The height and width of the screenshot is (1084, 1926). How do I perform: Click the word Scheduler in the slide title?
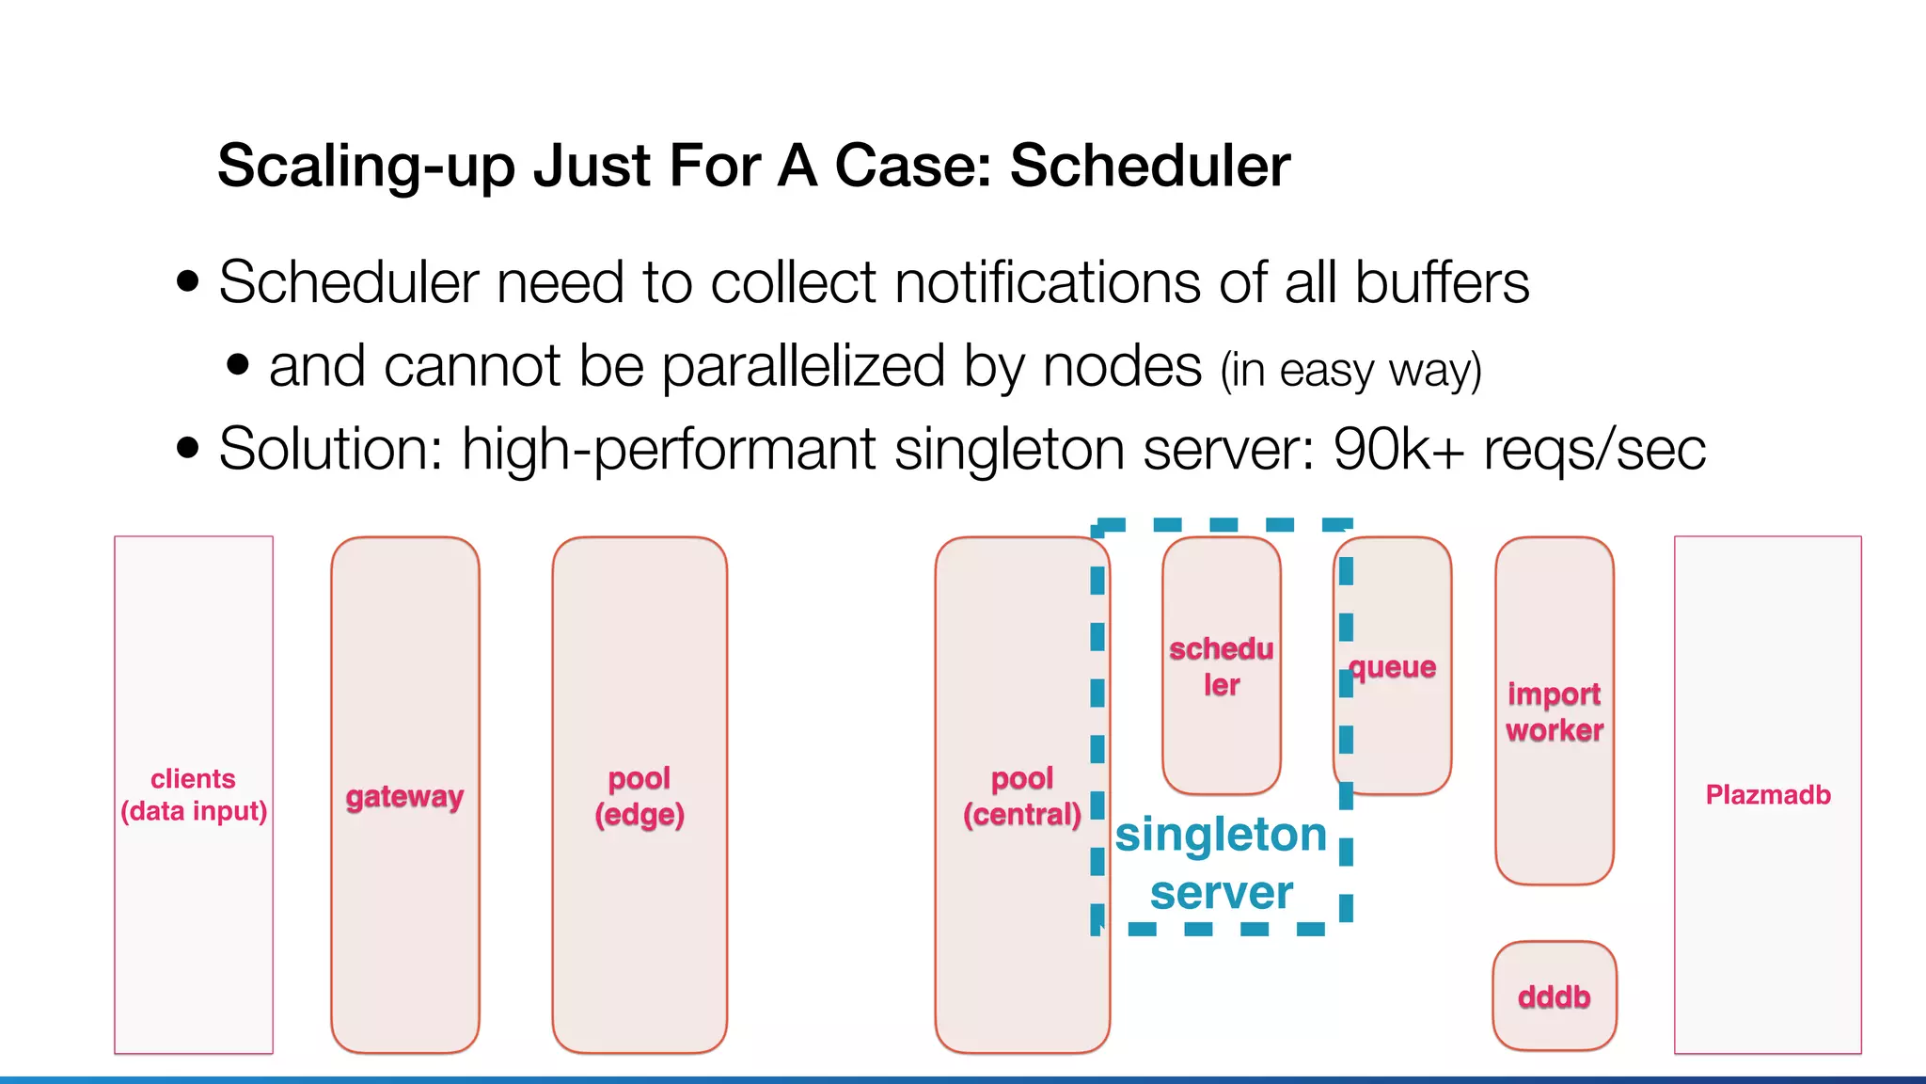(1149, 166)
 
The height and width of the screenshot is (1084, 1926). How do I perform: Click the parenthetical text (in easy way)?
(1350, 370)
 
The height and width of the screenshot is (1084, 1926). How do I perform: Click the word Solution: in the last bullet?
(330, 449)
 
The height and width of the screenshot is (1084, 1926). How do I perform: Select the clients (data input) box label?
(194, 795)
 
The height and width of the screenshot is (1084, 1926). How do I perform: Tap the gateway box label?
(404, 797)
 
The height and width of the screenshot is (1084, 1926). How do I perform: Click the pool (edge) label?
(639, 796)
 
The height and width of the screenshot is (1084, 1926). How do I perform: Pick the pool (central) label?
(1022, 796)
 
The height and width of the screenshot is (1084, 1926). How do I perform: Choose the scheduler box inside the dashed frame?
(1221, 666)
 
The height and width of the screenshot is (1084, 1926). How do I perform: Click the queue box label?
(1393, 667)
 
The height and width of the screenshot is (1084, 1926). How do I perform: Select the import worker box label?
(1554, 711)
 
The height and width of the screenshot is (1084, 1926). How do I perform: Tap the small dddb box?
(1554, 996)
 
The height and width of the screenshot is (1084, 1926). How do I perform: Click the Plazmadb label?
(1768, 795)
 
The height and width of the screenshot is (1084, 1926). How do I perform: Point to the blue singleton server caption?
(1221, 863)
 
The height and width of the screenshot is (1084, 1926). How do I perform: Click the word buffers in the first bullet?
(1442, 282)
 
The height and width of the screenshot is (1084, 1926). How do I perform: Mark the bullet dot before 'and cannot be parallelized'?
(238, 364)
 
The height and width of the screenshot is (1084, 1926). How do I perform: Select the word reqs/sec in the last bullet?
(1594, 449)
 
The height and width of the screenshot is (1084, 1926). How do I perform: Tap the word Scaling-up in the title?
(366, 166)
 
